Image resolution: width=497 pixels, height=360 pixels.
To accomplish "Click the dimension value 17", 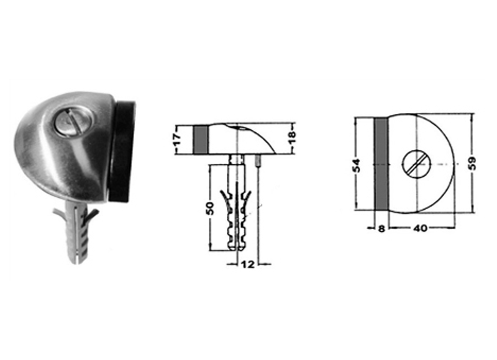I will pyautogui.click(x=178, y=139).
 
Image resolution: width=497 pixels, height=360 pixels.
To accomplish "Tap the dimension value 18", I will pyautogui.click(x=292, y=138).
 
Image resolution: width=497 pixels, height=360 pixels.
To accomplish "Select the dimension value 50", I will pyautogui.click(x=210, y=208).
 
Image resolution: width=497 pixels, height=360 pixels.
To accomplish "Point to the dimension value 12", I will pyautogui.click(x=248, y=264).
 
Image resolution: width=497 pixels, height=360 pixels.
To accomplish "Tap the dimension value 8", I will pyautogui.click(x=381, y=229).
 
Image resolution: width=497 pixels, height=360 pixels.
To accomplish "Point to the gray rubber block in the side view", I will pyautogui.click(x=200, y=140).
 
